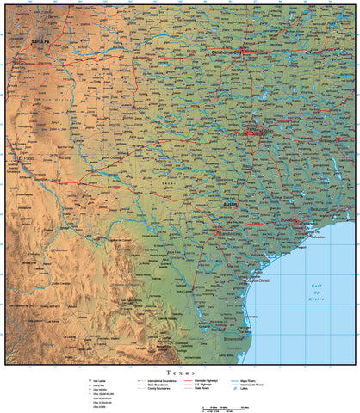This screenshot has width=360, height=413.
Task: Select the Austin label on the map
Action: pyautogui.click(x=230, y=204)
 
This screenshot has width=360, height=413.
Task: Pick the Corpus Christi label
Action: pyautogui.click(x=258, y=280)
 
